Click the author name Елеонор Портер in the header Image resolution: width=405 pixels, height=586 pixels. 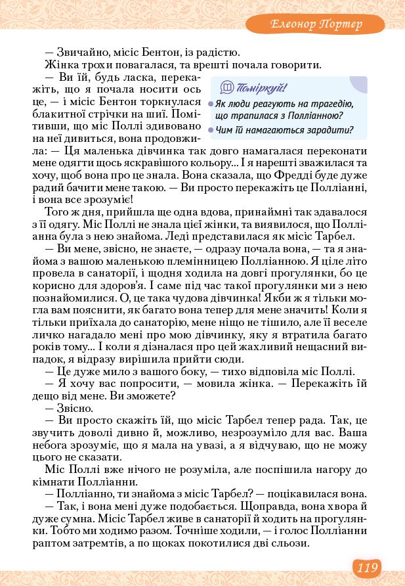point(317,24)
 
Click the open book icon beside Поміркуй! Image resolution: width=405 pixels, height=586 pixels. point(227,87)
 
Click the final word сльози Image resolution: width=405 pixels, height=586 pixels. point(291,544)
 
